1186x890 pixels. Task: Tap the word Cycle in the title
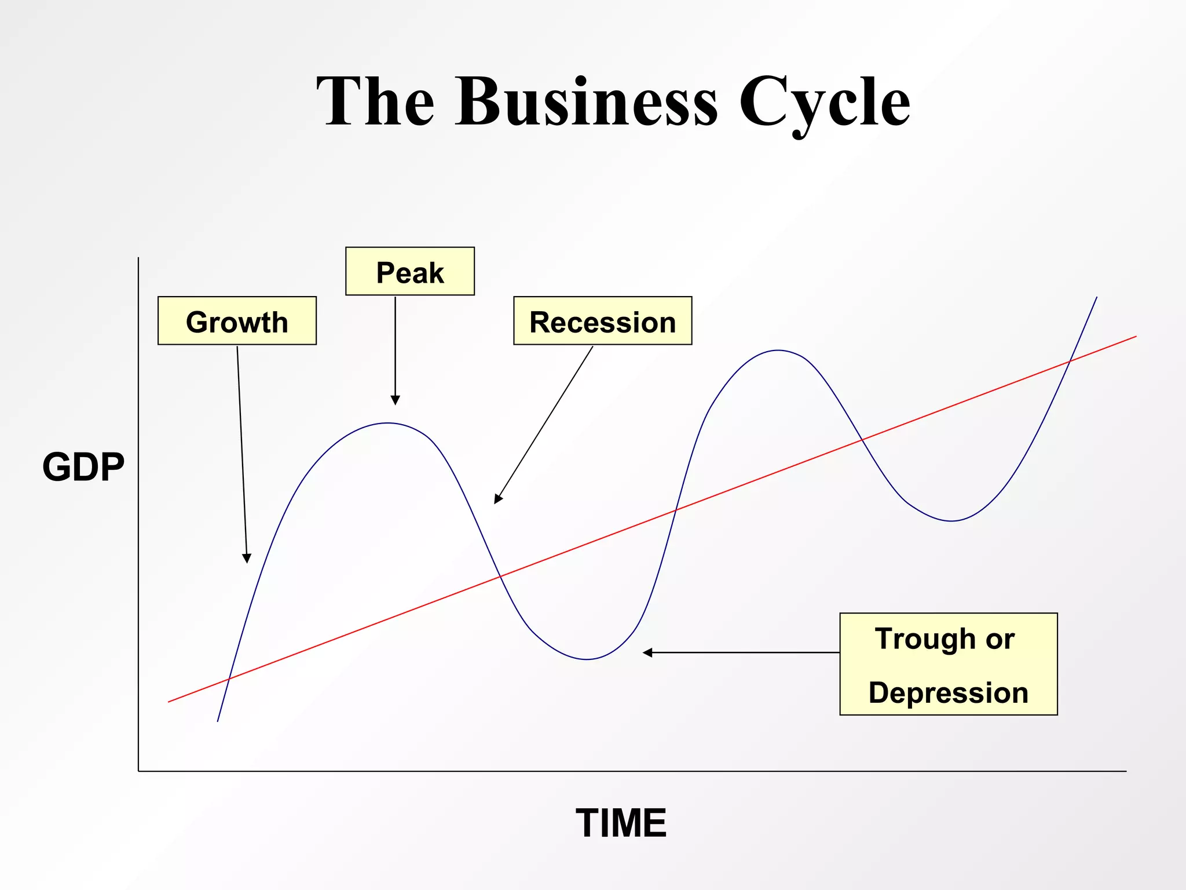click(825, 103)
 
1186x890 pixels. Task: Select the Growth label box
click(237, 321)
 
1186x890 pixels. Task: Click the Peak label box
click(410, 272)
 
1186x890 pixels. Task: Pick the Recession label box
click(602, 321)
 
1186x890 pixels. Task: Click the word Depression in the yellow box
click(948, 693)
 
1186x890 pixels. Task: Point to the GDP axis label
click(83, 467)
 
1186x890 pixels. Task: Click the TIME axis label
click(621, 823)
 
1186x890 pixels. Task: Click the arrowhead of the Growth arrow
click(247, 559)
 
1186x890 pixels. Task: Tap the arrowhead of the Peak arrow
click(396, 400)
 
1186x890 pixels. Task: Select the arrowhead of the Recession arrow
click(497, 499)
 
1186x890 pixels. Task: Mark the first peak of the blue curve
click(388, 424)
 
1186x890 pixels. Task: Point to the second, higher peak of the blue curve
click(778, 351)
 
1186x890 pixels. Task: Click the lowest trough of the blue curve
click(587, 659)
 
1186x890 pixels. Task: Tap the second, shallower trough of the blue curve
click(951, 521)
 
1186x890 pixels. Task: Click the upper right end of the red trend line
click(1136, 337)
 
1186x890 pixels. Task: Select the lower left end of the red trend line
click(169, 702)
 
